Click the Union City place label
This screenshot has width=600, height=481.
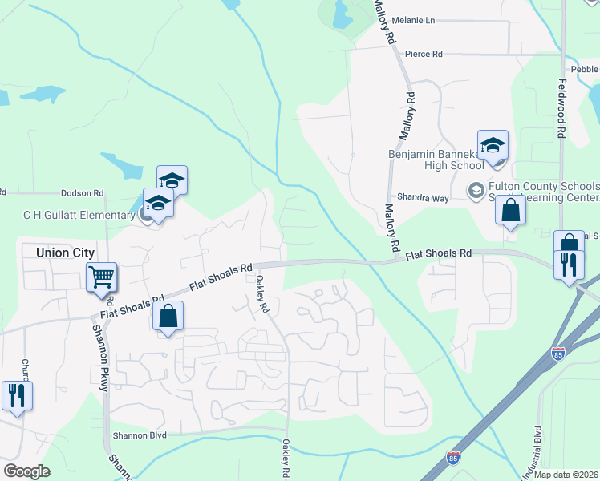[67, 252]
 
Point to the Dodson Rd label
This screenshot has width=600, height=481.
[83, 193]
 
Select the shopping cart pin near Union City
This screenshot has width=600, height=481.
[102, 278]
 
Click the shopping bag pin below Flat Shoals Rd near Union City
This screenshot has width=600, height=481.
[168, 317]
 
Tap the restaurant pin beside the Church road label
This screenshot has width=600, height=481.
[15, 395]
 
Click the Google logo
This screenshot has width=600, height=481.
[26, 471]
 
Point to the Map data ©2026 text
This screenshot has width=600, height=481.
[566, 475]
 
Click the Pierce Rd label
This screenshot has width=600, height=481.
[424, 54]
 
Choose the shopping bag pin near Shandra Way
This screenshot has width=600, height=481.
[510, 211]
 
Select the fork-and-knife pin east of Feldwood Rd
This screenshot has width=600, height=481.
[569, 265]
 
